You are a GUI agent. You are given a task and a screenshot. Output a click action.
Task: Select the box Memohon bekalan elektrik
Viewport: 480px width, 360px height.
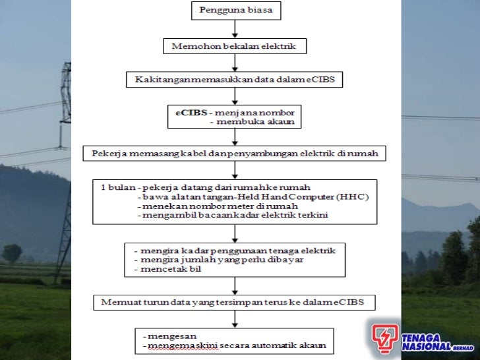(x=235, y=46)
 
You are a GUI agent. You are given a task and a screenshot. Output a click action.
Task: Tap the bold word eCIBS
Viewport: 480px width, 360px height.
(x=186, y=113)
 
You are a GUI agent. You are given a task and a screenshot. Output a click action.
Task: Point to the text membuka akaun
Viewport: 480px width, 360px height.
(x=253, y=122)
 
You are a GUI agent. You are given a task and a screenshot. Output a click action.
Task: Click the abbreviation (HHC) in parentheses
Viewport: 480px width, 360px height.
(x=353, y=196)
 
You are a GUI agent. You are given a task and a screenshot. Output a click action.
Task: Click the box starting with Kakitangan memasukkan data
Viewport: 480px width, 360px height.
(x=235, y=80)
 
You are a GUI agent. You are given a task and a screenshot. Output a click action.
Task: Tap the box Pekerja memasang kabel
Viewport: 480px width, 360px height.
(x=235, y=153)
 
